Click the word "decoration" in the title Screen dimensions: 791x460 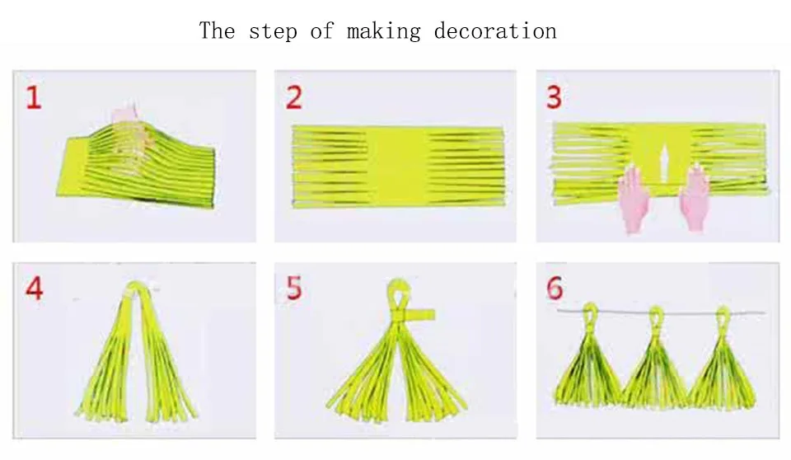tap(495, 31)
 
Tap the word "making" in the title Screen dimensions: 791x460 tap(383, 31)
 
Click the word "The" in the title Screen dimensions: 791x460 tap(217, 31)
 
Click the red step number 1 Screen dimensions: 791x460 tap(33, 97)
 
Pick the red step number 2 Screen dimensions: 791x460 tap(294, 97)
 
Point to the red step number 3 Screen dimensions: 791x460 tap(554, 97)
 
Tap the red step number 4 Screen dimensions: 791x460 tap(35, 289)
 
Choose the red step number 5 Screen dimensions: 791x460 tap(294, 289)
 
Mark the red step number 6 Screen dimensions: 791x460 tap(555, 289)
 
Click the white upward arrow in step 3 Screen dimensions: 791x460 tap(664, 163)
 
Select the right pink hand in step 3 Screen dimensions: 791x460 tap(695, 197)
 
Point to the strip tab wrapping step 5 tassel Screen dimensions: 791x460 tap(420, 315)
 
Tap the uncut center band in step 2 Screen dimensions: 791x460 tap(399, 167)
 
